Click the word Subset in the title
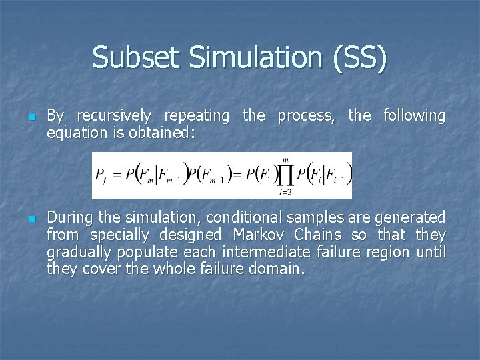[137, 57]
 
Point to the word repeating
[198, 116]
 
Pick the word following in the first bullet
[414, 115]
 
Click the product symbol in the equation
[286, 175]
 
